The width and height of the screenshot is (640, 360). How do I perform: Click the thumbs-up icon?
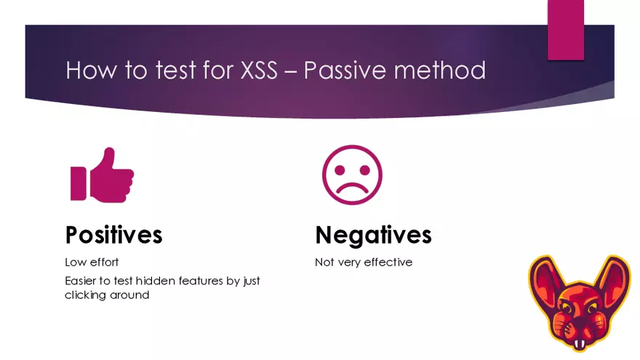click(102, 175)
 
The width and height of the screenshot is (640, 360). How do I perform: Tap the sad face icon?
click(352, 175)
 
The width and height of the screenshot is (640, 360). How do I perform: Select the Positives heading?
click(113, 235)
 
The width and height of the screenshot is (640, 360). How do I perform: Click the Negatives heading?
click(373, 235)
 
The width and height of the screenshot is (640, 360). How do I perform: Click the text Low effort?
click(92, 262)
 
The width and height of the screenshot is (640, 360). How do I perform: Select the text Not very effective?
click(364, 262)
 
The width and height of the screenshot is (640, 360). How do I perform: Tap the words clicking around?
click(107, 295)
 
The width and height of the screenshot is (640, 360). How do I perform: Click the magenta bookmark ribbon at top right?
click(565, 29)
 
